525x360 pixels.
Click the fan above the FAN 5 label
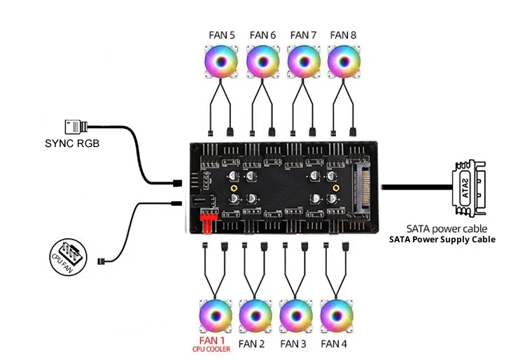[221, 62]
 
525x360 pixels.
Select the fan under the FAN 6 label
[262, 62]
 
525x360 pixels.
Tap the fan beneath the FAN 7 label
[303, 62]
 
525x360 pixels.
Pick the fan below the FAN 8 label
[343, 62]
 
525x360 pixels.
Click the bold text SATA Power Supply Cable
[442, 240]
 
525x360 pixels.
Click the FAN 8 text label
[343, 34]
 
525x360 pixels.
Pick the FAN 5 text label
[221, 34]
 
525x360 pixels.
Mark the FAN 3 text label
[293, 344]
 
